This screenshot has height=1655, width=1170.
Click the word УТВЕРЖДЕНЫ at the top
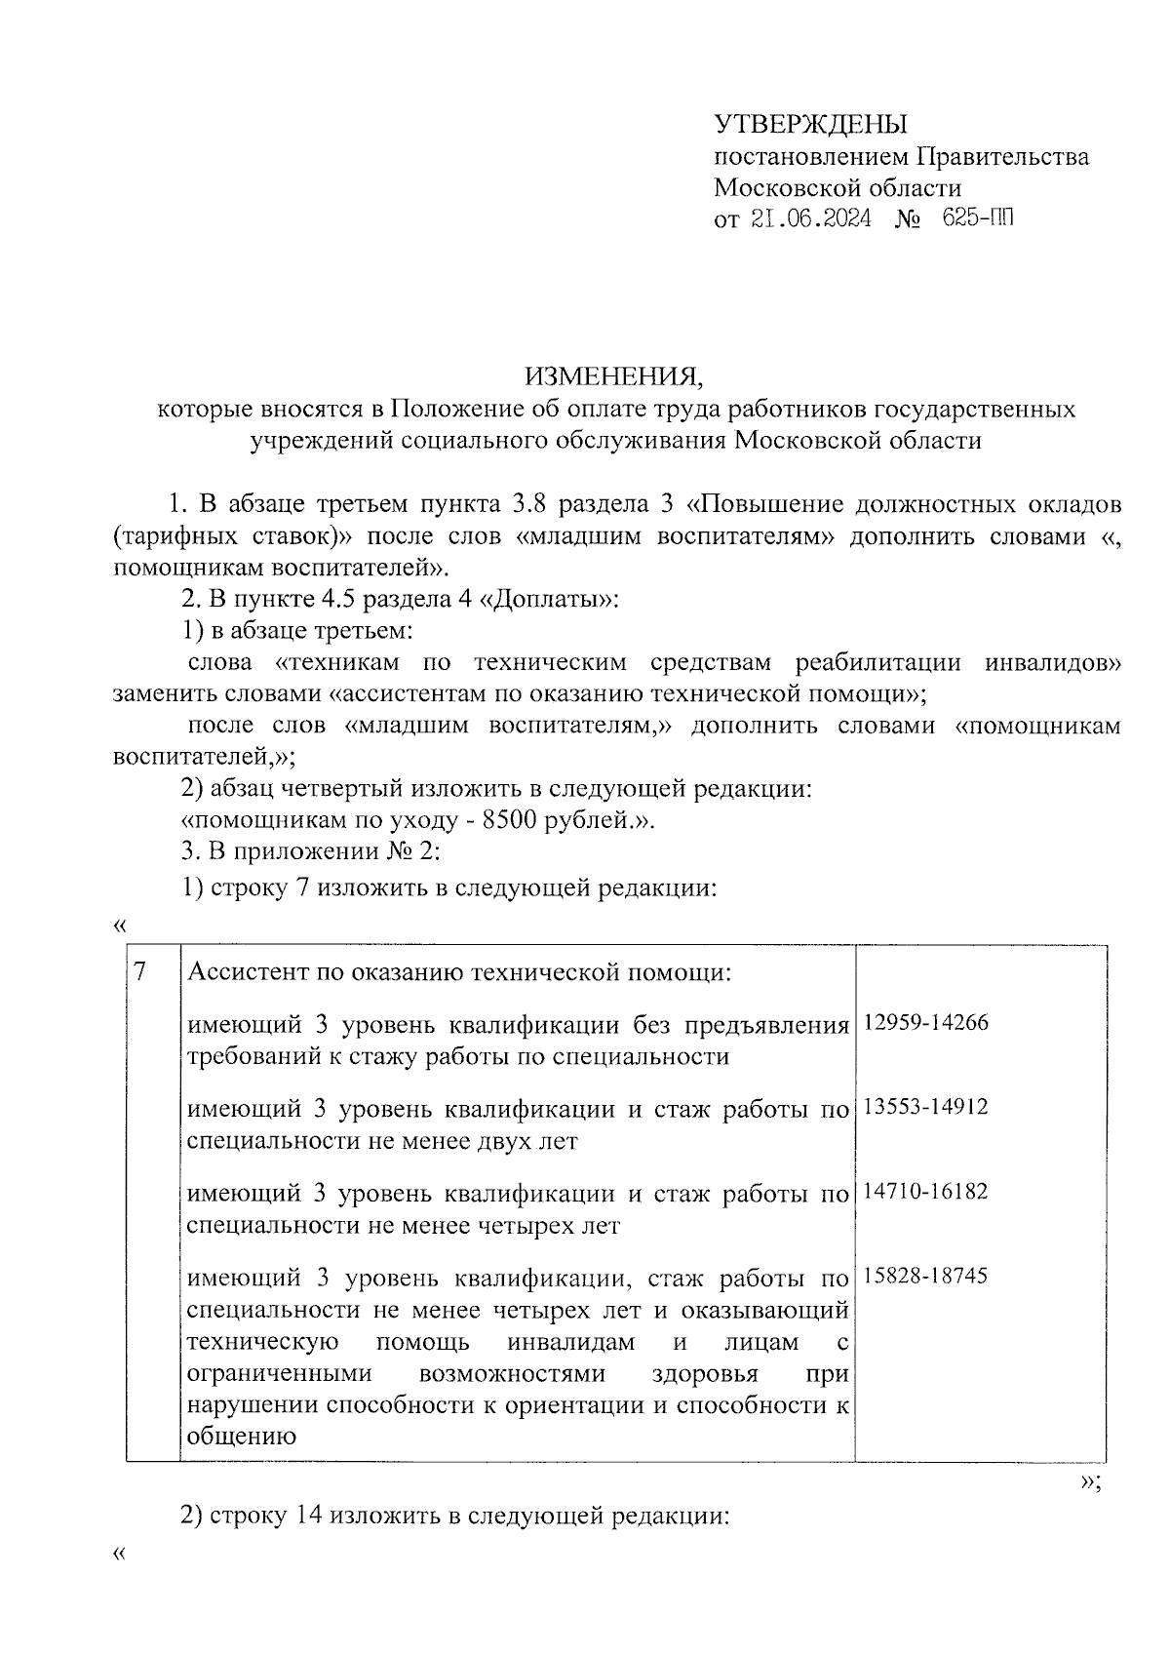point(810,124)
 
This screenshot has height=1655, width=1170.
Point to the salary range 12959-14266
point(925,1022)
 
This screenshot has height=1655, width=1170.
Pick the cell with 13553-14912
point(925,1107)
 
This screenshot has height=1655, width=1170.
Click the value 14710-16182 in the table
point(925,1191)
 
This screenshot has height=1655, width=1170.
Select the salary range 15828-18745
point(925,1276)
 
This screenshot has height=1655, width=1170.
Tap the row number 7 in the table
point(140,971)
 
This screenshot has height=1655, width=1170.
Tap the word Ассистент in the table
point(246,972)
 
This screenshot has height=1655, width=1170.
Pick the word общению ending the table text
point(241,1436)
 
